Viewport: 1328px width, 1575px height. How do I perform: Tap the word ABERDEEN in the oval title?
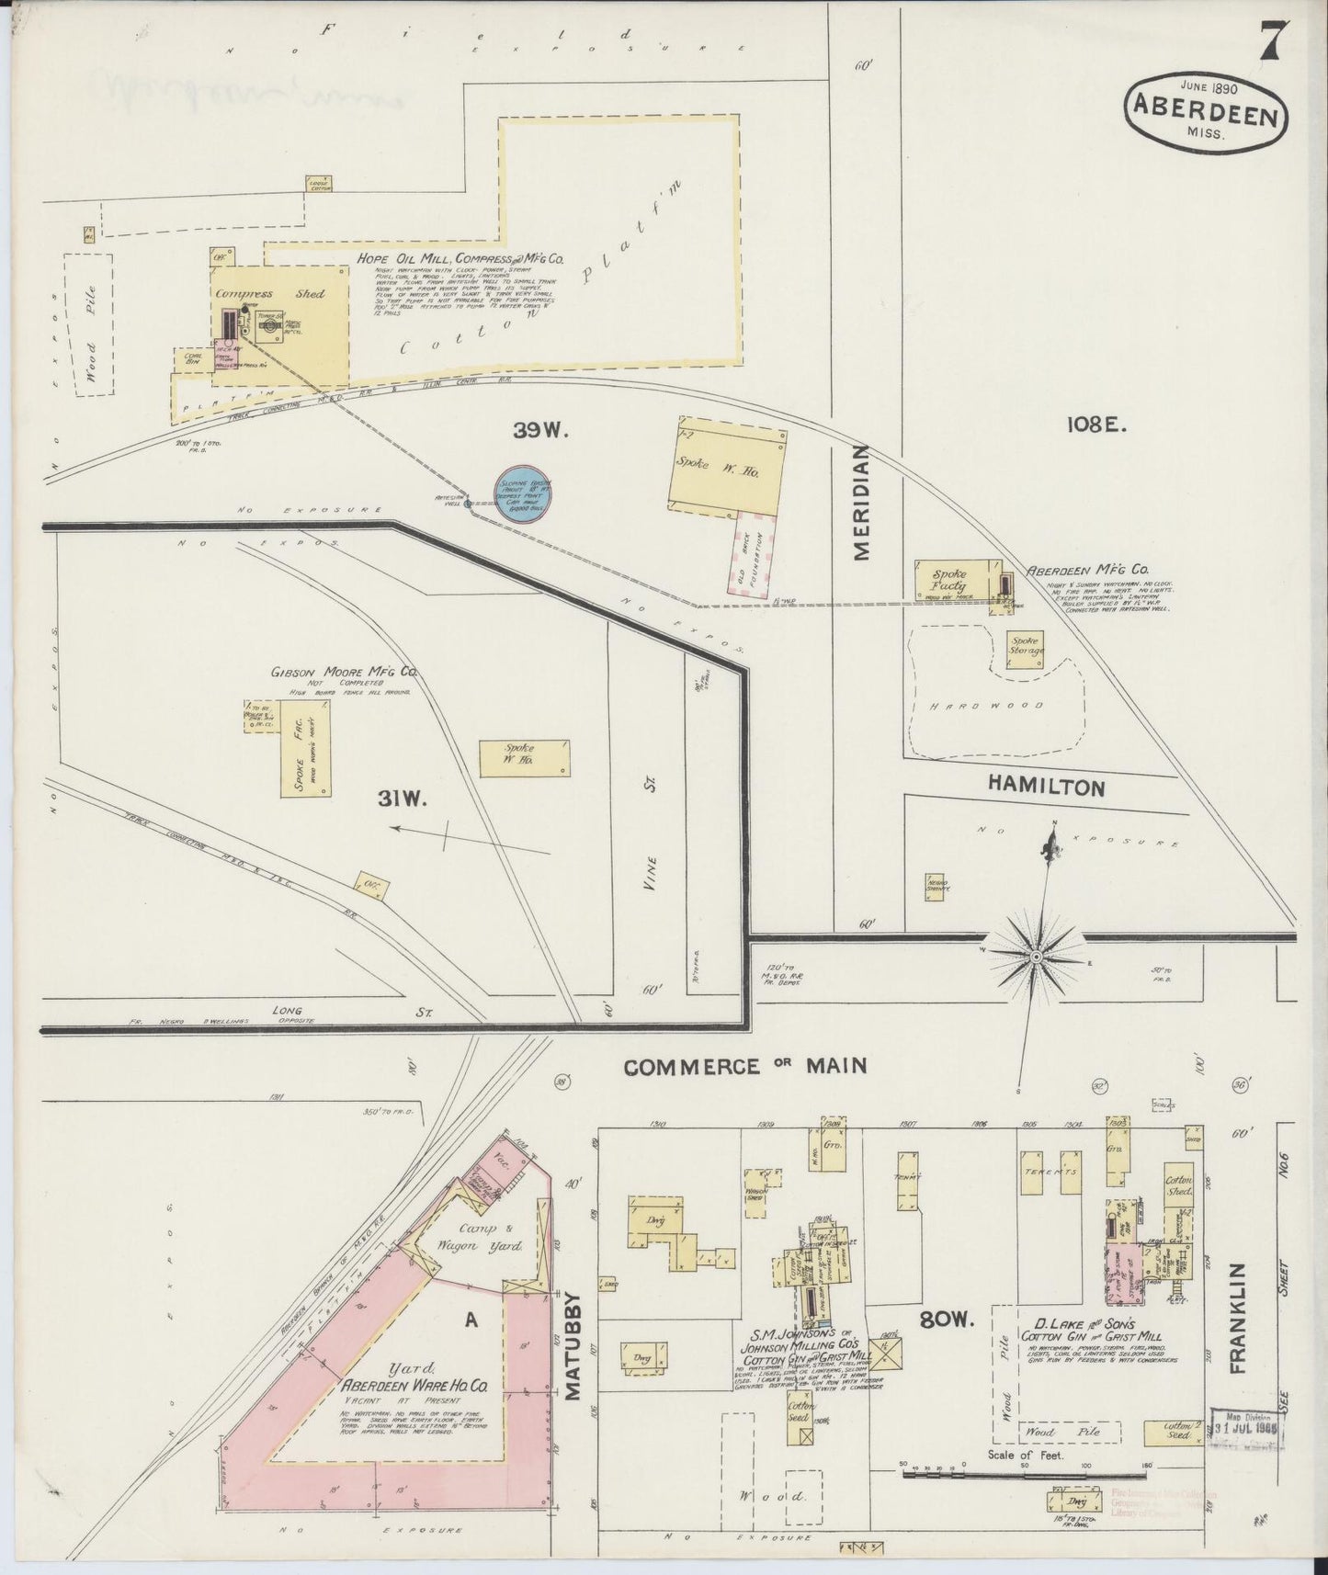pos(1203,118)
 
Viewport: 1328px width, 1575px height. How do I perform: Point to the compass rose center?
pos(1036,957)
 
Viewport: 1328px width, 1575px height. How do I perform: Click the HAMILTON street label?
pos(1045,787)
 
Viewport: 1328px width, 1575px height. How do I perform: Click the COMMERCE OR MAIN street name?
pos(745,1066)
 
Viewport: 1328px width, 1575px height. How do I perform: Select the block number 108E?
pos(1097,425)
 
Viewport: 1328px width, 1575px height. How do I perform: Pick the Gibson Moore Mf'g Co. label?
pos(343,673)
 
